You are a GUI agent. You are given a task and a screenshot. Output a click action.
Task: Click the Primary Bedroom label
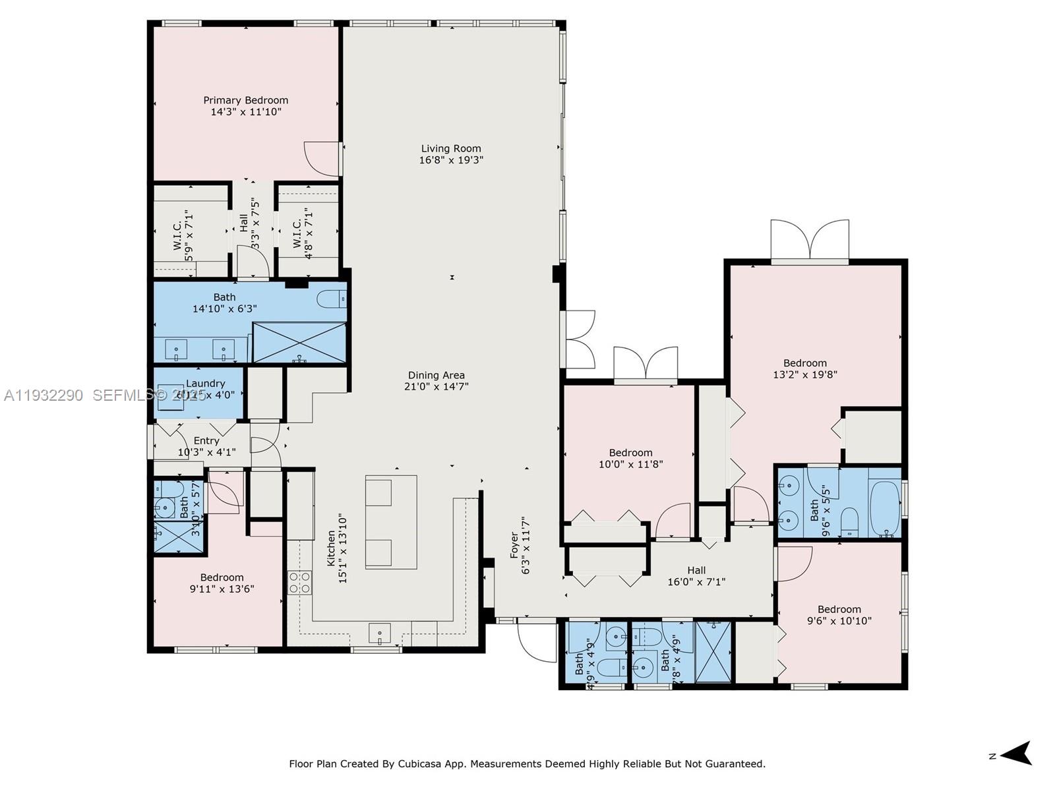(x=245, y=100)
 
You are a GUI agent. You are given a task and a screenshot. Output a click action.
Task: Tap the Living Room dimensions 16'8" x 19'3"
(x=451, y=160)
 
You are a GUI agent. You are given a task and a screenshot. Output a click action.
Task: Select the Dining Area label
(x=436, y=375)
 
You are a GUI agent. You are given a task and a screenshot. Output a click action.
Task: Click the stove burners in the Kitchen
(x=299, y=583)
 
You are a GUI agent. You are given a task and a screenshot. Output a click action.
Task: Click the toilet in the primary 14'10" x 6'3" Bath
(x=332, y=300)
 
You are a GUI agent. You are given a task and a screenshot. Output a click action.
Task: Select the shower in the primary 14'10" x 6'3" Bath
(x=299, y=342)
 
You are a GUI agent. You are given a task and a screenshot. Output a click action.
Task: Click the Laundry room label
(x=205, y=383)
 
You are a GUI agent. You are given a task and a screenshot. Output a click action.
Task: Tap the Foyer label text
(x=514, y=546)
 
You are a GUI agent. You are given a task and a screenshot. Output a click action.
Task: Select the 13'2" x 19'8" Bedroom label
(x=804, y=363)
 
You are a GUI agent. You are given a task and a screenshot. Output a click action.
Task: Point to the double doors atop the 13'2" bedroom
(x=810, y=240)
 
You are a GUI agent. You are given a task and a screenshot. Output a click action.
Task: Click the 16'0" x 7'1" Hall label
(x=696, y=570)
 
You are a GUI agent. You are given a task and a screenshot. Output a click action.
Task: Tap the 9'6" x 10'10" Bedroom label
(x=839, y=609)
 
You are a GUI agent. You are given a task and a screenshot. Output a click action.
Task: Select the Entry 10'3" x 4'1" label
(x=206, y=440)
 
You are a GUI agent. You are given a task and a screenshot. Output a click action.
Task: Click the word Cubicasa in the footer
(x=421, y=764)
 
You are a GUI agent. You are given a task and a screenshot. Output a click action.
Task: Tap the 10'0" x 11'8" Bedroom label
(x=630, y=452)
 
